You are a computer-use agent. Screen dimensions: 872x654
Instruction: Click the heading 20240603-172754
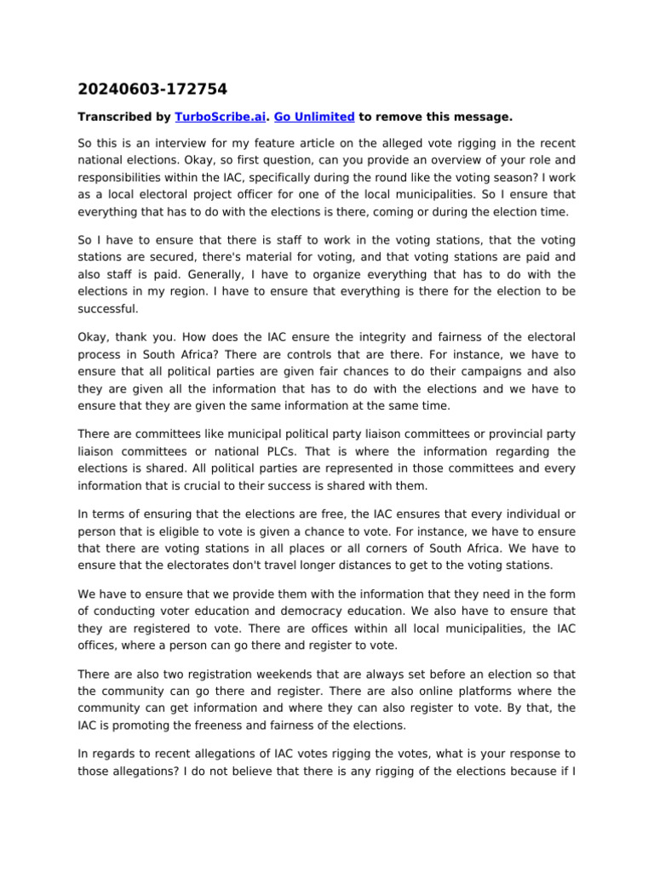tap(152, 89)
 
